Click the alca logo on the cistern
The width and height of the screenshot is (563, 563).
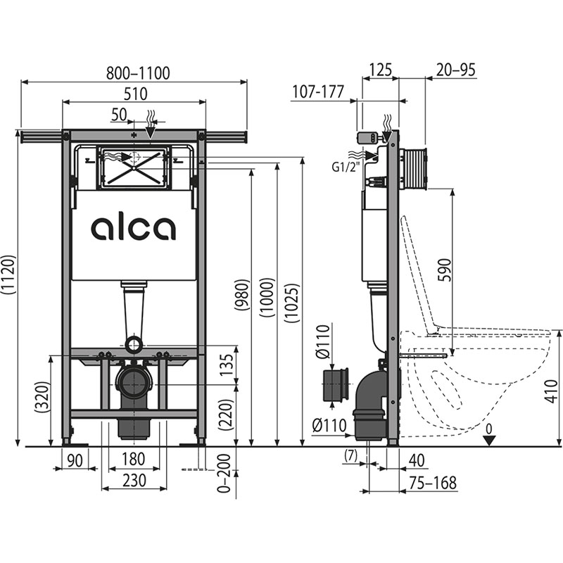coord(133,228)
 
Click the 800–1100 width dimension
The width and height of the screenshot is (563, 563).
coord(138,73)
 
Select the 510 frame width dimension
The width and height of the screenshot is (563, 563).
coord(135,94)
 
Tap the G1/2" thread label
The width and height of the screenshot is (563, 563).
coord(345,167)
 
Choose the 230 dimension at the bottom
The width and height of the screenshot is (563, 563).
coord(134,481)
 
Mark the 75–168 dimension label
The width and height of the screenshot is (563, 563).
coord(433,483)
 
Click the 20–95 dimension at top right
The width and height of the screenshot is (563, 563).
coord(455,70)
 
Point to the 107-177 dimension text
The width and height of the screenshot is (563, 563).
coord(318,91)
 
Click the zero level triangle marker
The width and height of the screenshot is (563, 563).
coord(489,441)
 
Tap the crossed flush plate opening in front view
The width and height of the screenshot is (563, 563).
coord(134,167)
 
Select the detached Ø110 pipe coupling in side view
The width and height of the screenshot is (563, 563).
coord(336,385)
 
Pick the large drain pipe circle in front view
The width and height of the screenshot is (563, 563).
coord(133,383)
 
